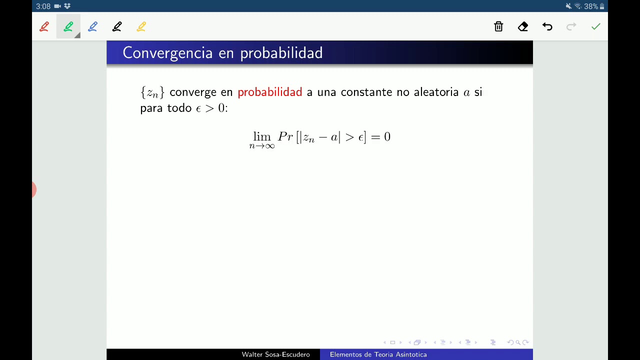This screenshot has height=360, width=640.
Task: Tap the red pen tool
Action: (44, 26)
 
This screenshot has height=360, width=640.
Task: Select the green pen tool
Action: (68, 26)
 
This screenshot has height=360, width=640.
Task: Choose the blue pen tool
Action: (92, 26)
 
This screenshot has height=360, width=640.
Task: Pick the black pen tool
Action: (117, 26)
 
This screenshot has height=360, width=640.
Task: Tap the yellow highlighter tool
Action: (141, 26)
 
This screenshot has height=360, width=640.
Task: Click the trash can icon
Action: (498, 26)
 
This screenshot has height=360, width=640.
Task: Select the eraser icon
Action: (523, 26)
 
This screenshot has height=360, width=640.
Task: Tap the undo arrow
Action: (547, 26)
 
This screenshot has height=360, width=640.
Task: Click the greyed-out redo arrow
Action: (571, 26)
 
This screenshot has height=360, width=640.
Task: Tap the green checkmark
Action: (595, 26)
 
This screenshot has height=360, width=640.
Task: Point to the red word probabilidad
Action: (269, 92)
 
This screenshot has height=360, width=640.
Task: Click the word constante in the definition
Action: (366, 92)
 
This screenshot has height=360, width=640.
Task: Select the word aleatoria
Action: (436, 92)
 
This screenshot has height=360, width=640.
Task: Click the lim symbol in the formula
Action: (261, 136)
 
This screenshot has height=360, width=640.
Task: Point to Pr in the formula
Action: (285, 136)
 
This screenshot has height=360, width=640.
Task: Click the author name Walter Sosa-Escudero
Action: (275, 354)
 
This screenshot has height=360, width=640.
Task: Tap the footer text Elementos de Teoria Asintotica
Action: (378, 354)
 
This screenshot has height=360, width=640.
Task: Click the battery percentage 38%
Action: (591, 6)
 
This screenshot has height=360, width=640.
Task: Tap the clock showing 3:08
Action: (43, 6)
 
